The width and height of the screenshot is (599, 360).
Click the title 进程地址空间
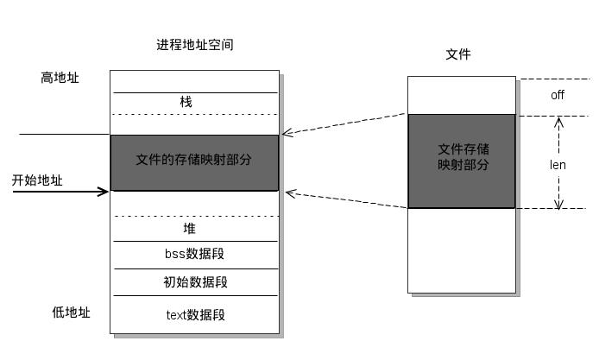pos(194,45)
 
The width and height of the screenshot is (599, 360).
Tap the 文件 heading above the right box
pos(458,54)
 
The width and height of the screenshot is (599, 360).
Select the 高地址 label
pos(60,78)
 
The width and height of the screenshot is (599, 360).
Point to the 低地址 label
pos(70,313)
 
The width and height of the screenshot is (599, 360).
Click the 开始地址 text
pos(37,180)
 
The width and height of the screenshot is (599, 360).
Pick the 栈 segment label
pos(186,102)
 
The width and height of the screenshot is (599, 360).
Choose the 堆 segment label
pos(189,229)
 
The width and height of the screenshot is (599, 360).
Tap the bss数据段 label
pos(195,255)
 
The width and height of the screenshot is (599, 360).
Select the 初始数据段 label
pos(195,282)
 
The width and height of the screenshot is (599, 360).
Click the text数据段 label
pos(195,314)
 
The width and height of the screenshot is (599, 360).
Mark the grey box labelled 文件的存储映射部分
pos(194,162)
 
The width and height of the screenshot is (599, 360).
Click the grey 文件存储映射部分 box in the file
pos(462,161)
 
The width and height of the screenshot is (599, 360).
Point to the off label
pos(558,95)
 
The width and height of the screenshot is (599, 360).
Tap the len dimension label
pos(558,164)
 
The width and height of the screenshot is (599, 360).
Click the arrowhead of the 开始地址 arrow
pos(104,192)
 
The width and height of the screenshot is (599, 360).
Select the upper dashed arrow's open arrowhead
pos(288,132)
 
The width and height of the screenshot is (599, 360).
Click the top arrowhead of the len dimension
pos(558,120)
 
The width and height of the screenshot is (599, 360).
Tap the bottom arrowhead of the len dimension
pos(558,204)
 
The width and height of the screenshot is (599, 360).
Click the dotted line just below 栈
pos(195,114)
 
